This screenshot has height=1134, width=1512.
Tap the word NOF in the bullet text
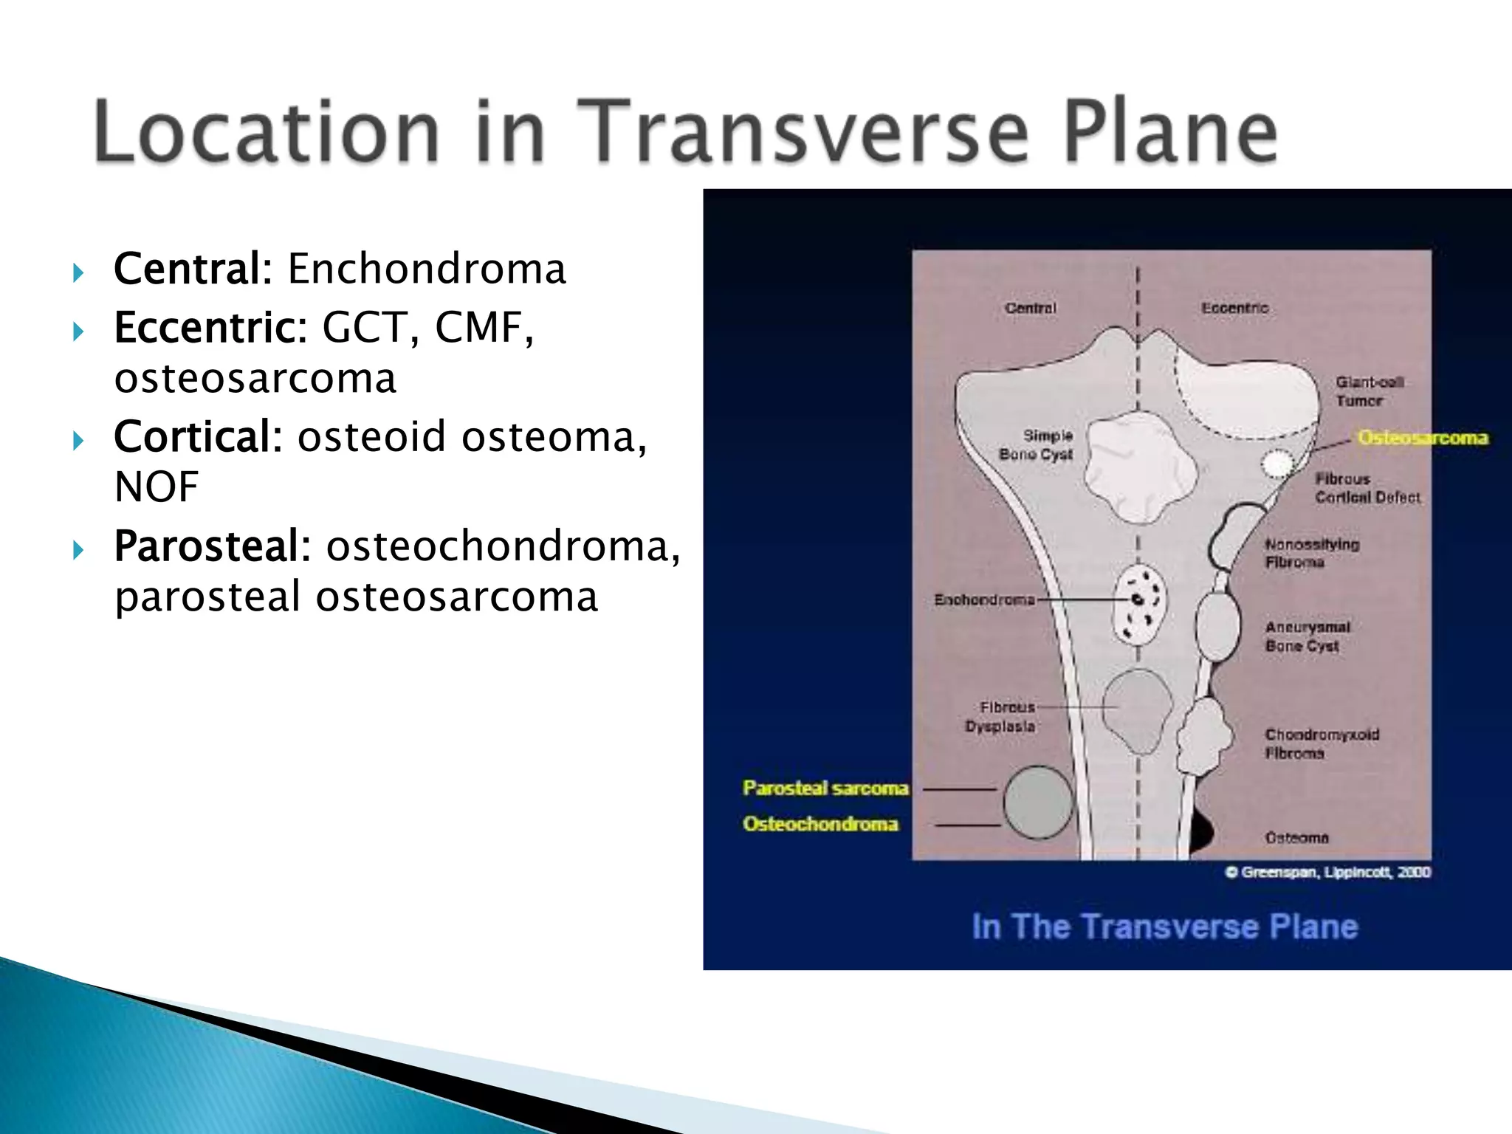pyautogui.click(x=157, y=487)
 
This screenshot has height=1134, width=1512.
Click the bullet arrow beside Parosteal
pyautogui.click(x=78, y=550)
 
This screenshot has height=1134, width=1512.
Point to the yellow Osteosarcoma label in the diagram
pyautogui.click(x=1423, y=438)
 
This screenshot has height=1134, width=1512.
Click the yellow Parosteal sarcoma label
pyautogui.click(x=825, y=788)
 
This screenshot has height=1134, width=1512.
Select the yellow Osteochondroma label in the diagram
pyautogui.click(x=820, y=824)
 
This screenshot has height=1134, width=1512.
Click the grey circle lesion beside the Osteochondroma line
pyautogui.click(x=1038, y=803)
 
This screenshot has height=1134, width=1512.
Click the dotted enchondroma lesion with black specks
pyautogui.click(x=1139, y=605)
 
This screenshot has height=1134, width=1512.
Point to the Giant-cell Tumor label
pyautogui.click(x=1368, y=391)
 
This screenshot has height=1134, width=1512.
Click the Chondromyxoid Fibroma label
pyautogui.click(x=1321, y=743)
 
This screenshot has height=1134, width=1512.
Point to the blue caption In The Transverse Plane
pyautogui.click(x=1164, y=927)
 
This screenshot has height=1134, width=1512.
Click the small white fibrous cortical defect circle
pyautogui.click(x=1277, y=464)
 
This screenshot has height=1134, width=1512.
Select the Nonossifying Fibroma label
pyautogui.click(x=1311, y=553)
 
